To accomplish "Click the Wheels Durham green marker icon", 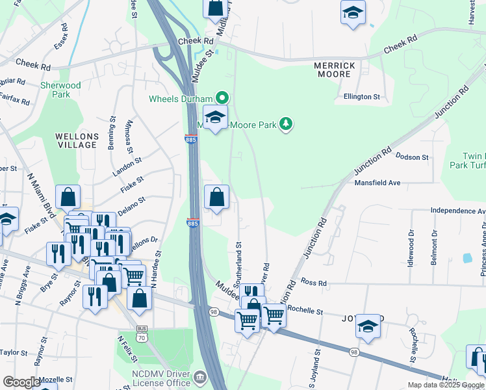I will [x=222, y=99].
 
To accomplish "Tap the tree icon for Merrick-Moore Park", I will [x=285, y=123].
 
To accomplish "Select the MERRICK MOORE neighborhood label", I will [x=335, y=70].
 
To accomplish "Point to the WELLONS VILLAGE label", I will [x=77, y=140].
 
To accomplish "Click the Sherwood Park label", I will [x=60, y=90].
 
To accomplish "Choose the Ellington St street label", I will [x=362, y=97].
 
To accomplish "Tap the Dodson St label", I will [x=412, y=157].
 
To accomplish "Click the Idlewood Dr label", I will [x=411, y=242].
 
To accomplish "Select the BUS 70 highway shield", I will [x=142, y=336].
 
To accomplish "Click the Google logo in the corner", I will [x=21, y=382].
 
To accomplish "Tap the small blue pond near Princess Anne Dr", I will [x=467, y=258].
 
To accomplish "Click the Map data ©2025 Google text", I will [x=444, y=385].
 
